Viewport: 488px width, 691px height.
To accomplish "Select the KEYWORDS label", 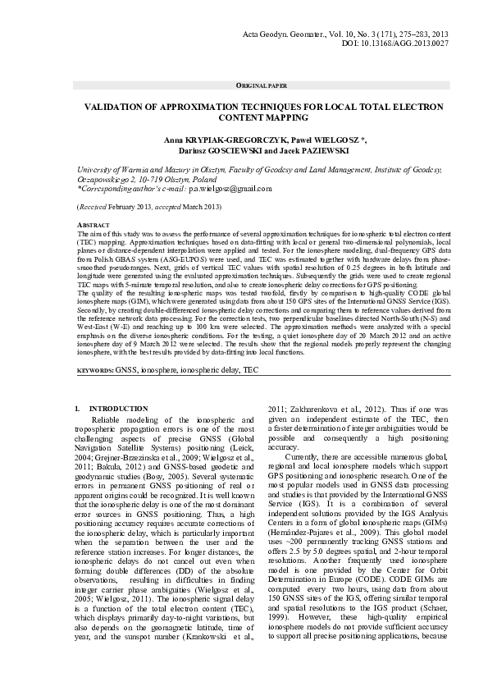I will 94,370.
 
